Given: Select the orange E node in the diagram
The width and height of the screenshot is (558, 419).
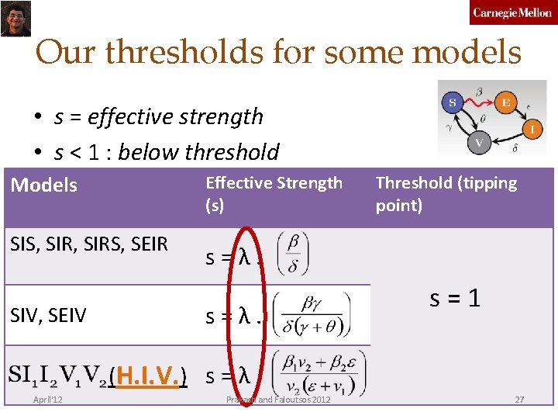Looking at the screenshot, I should click(x=506, y=102).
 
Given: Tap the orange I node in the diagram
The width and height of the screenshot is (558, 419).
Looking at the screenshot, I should click(x=532, y=129).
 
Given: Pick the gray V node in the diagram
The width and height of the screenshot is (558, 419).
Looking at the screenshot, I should click(x=479, y=142).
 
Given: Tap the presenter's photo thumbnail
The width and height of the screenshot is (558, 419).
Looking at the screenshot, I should click(x=14, y=18).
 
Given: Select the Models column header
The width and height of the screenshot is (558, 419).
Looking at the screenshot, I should click(x=43, y=185).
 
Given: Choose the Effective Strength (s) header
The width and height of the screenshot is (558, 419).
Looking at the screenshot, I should click(x=273, y=194).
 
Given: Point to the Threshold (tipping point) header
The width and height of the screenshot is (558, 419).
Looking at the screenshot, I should click(x=446, y=194).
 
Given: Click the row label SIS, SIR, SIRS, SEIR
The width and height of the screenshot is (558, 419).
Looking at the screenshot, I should click(x=89, y=244).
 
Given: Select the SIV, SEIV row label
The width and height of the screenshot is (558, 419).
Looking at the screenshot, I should click(x=48, y=315).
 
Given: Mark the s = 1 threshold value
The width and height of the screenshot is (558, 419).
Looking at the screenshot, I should click(x=455, y=298).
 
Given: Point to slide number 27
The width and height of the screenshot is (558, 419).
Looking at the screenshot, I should click(x=519, y=400).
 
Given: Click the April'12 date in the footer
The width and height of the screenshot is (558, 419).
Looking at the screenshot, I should click(x=48, y=400).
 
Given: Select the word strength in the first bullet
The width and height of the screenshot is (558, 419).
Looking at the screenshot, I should click(x=220, y=117).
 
